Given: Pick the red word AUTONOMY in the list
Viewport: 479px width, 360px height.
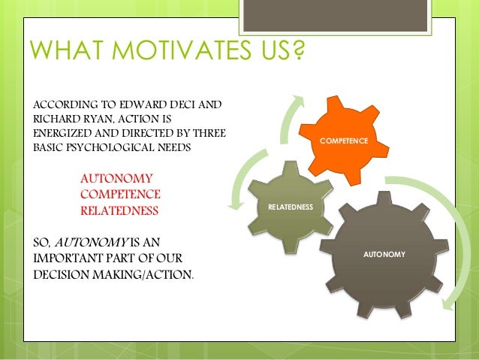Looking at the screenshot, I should point(116,179).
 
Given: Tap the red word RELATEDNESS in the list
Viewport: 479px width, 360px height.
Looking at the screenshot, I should point(119,211).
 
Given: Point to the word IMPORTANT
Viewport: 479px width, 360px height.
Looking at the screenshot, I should point(72,258).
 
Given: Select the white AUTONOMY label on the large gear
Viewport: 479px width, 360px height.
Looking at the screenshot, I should point(384,255).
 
